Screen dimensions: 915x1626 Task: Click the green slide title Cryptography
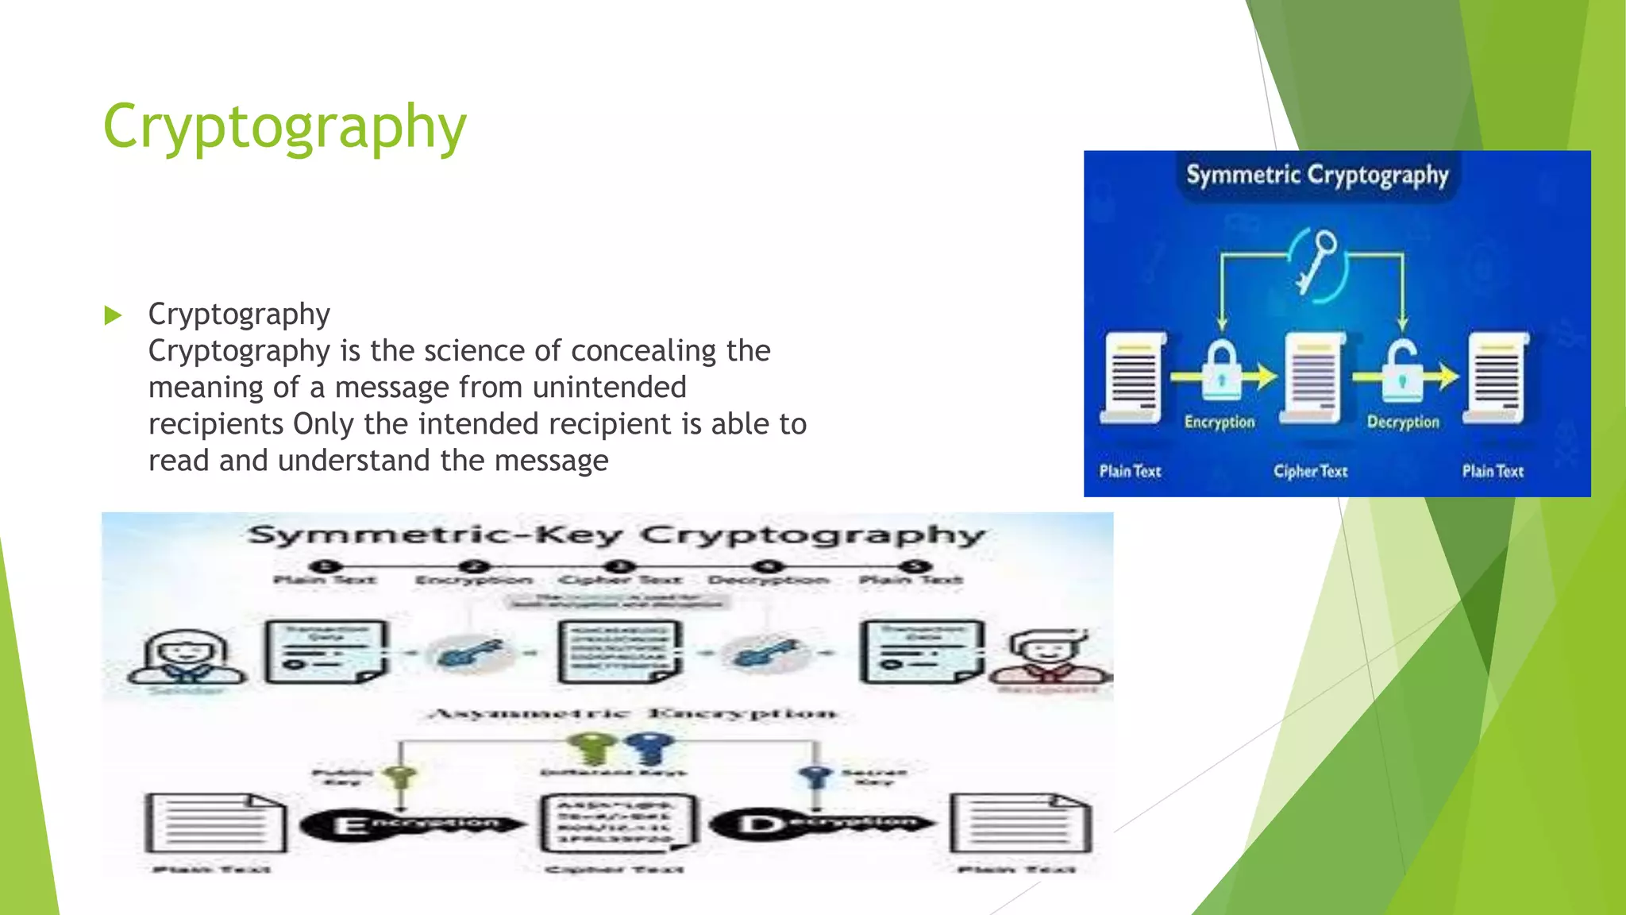tap(284, 127)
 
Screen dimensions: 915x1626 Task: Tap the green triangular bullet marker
tap(113, 315)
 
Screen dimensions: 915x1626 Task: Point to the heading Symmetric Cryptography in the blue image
tap(1317, 175)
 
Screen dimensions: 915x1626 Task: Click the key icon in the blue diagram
tap(1318, 262)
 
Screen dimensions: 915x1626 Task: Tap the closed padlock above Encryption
tap(1221, 369)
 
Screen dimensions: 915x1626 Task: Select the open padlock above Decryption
tap(1403, 369)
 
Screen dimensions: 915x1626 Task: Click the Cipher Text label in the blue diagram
tap(1310, 471)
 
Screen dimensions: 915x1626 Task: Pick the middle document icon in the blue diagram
tap(1312, 376)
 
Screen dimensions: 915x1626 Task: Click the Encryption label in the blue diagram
tap(1219, 422)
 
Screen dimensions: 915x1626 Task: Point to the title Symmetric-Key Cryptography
tap(615, 535)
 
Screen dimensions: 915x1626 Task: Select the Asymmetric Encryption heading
tap(631, 713)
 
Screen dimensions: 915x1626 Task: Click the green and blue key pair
tap(622, 747)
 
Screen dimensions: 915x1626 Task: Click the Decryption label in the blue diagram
tap(1403, 422)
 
